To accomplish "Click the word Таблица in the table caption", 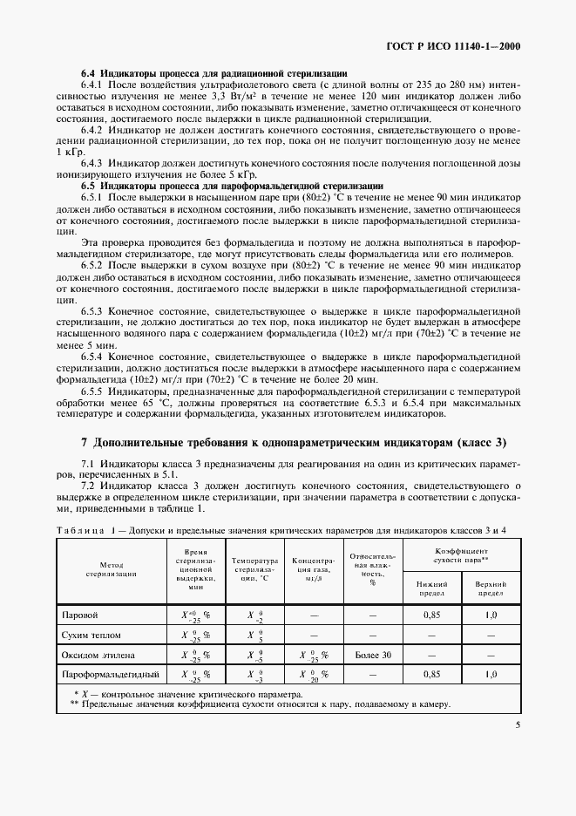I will [84, 530].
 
